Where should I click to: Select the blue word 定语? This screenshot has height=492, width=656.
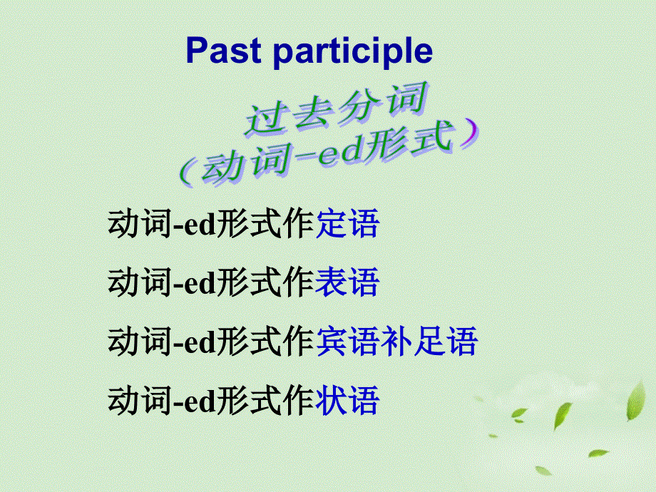(347, 225)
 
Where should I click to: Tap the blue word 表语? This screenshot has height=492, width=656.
(347, 283)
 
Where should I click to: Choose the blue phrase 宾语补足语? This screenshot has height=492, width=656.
(396, 342)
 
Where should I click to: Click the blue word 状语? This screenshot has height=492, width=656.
(347, 401)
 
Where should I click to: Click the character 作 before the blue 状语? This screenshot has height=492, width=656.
(299, 401)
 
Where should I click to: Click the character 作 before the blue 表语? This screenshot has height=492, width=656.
(299, 283)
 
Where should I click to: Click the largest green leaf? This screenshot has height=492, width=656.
(636, 399)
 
